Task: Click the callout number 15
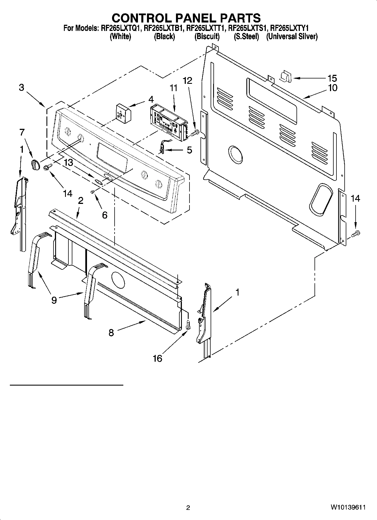[x=332, y=78]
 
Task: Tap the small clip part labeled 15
[x=286, y=76]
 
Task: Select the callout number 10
[x=333, y=88]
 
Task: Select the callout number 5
[x=189, y=150]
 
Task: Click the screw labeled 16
[x=188, y=325]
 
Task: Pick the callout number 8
[x=111, y=333]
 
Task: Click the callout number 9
[x=54, y=300]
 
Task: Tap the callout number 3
[x=22, y=87]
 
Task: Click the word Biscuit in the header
[x=207, y=36]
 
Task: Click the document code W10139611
[x=348, y=507]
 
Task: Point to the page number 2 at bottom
[x=188, y=507]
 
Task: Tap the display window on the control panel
[x=112, y=156]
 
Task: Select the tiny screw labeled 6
[x=92, y=192]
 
